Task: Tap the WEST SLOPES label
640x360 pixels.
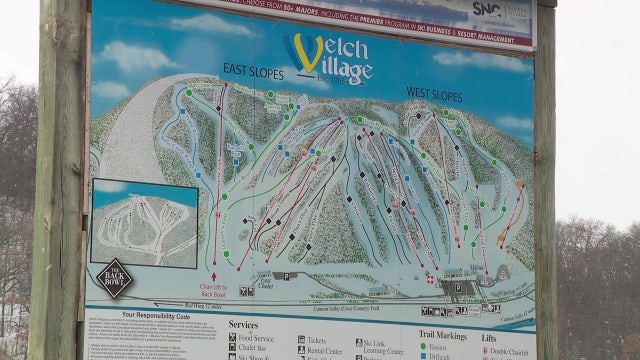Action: click(434, 93)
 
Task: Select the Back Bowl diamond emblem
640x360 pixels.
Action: click(114, 278)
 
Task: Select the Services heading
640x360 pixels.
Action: click(243, 325)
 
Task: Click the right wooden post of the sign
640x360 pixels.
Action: click(546, 180)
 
